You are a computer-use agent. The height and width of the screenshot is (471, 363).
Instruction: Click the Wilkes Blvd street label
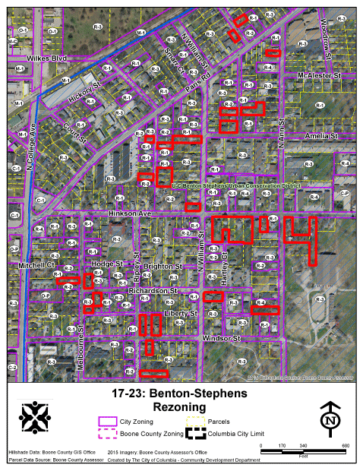pyautogui.click(x=48, y=58)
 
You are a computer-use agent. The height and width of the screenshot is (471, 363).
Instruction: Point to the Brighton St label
pyautogui.click(x=163, y=267)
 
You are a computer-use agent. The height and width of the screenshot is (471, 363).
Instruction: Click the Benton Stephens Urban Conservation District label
pyautogui.click(x=236, y=185)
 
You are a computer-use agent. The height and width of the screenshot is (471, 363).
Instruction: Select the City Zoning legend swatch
pyautogui.click(x=108, y=421)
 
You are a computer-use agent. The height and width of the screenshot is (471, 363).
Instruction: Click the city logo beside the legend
pyautogui.click(x=36, y=418)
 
